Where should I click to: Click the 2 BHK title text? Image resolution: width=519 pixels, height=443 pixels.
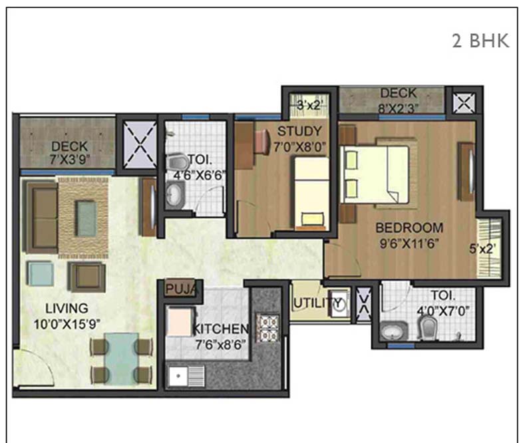pos(480,41)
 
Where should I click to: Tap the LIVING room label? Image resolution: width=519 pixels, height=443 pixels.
pos(67,309)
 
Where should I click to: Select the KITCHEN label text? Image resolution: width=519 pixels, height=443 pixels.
pos(221,329)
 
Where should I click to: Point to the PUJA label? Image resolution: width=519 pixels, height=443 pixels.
pos(178,289)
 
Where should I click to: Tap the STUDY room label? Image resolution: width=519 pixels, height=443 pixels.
pos(299,130)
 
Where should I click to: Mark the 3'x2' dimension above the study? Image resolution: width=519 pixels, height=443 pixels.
pos(309,105)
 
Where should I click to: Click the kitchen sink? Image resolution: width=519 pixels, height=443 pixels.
pos(180,376)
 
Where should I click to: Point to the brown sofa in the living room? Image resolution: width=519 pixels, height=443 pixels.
pos(41,214)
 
